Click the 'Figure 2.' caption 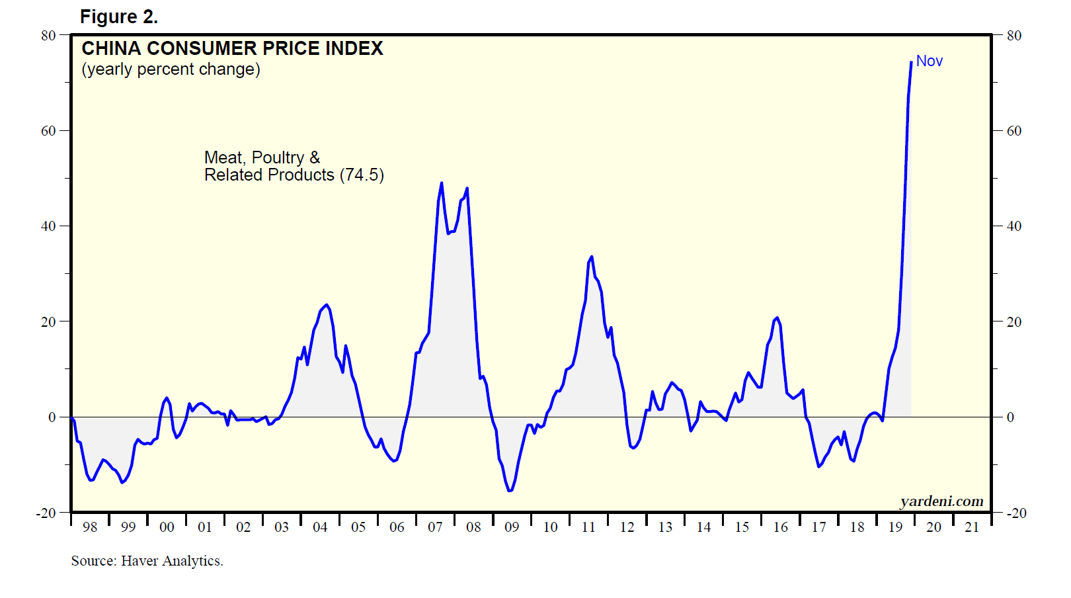click(119, 17)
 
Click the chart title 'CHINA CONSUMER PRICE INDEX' click(232, 48)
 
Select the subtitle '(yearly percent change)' click(171, 69)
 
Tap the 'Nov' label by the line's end click(929, 61)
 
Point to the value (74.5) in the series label click(362, 175)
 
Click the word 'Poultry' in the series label click(278, 157)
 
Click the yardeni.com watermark click(941, 501)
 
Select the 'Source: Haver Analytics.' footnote click(147, 561)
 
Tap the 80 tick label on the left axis click(48, 35)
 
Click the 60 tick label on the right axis click(1014, 131)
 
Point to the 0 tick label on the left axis click(52, 417)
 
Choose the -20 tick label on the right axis click(1017, 513)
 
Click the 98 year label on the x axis click(90, 527)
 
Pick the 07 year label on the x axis click(435, 527)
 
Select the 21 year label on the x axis click(972, 527)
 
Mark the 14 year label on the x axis click(703, 527)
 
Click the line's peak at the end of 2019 click(911, 62)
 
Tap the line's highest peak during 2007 click(442, 183)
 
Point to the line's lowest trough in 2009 click(509, 491)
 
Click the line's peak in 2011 click(592, 257)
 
